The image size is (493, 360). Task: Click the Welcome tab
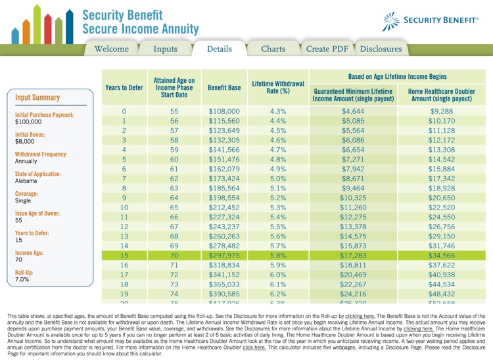[112, 49]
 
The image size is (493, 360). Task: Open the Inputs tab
[166, 49]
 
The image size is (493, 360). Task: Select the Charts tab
[273, 49]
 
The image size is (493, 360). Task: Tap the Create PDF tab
[327, 49]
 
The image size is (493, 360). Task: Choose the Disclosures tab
[381, 49]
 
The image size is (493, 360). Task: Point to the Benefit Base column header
[224, 87]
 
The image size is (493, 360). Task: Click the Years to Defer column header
[124, 87]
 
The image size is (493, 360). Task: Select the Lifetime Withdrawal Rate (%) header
[278, 87]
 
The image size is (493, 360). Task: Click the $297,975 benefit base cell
[224, 255]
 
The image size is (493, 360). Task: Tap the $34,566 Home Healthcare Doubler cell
[441, 255]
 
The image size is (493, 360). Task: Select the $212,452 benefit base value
[224, 207]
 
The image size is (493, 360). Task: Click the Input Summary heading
[37, 98]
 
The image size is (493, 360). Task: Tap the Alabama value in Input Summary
[27, 181]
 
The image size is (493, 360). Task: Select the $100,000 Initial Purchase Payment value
[28, 122]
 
